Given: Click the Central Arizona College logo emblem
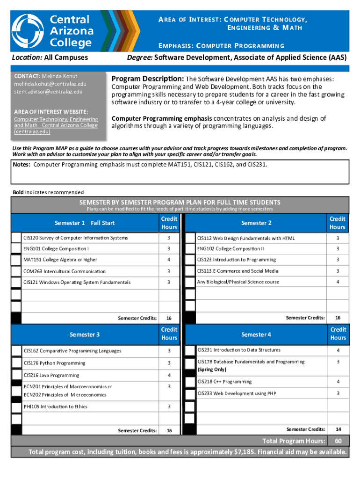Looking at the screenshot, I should (29, 31).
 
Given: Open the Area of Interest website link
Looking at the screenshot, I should (56, 125).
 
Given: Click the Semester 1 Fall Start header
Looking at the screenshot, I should (85, 223).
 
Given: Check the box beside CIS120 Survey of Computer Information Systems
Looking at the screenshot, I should (16, 238).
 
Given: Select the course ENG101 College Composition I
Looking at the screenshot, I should (56, 248).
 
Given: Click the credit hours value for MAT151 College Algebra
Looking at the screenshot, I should (169, 260).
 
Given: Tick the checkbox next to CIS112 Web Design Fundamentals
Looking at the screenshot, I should (190, 238).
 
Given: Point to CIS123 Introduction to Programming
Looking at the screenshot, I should (236, 260).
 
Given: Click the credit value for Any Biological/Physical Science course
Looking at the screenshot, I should (337, 282).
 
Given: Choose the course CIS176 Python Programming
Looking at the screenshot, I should (54, 363).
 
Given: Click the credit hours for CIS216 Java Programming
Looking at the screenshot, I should (169, 375).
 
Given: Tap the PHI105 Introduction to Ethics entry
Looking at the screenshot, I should (55, 406).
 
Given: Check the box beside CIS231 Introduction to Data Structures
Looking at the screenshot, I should (190, 350).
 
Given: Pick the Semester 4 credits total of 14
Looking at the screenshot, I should (337, 429).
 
